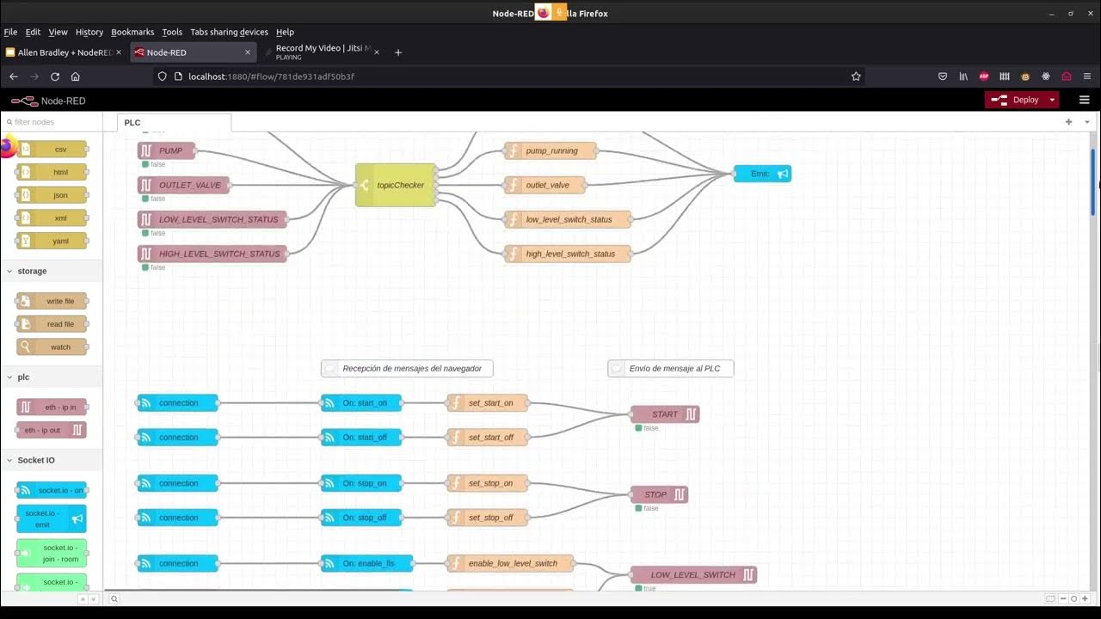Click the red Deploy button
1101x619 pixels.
(x=1019, y=100)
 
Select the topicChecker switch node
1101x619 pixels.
(x=396, y=185)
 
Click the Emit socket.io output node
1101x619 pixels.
(x=762, y=174)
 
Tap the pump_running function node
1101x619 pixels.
(x=550, y=151)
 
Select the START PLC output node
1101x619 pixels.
(x=665, y=414)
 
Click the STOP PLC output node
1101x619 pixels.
(x=659, y=494)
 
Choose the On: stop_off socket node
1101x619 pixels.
(x=361, y=518)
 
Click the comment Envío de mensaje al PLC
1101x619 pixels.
(x=671, y=369)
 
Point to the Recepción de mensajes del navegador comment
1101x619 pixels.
(x=407, y=369)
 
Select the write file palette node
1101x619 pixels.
(x=52, y=301)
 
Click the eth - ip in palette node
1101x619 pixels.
(x=52, y=407)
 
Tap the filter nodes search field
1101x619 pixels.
(x=53, y=122)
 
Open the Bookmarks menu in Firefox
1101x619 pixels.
(x=132, y=32)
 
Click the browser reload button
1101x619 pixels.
(x=55, y=77)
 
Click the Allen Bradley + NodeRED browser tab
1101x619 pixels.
(x=63, y=52)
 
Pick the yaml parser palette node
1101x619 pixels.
(x=52, y=241)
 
